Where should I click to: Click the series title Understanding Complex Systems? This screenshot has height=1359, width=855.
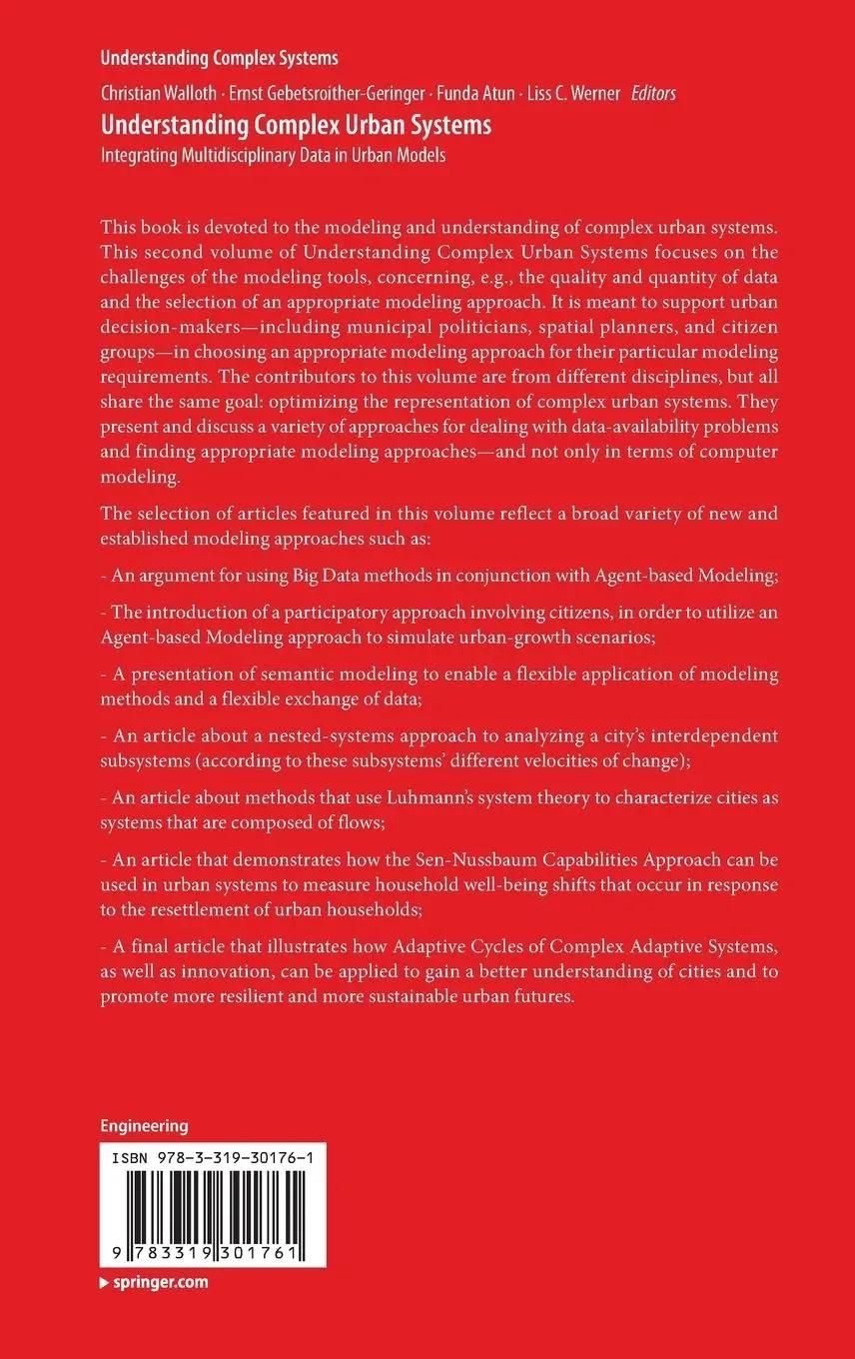click(x=219, y=58)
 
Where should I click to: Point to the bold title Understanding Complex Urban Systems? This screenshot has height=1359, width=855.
click(x=296, y=126)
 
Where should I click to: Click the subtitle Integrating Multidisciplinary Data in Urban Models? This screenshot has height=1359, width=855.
click(x=273, y=155)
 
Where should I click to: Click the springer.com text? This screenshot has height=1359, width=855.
click(x=159, y=1282)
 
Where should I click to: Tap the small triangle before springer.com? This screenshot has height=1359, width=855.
click(x=104, y=1283)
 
